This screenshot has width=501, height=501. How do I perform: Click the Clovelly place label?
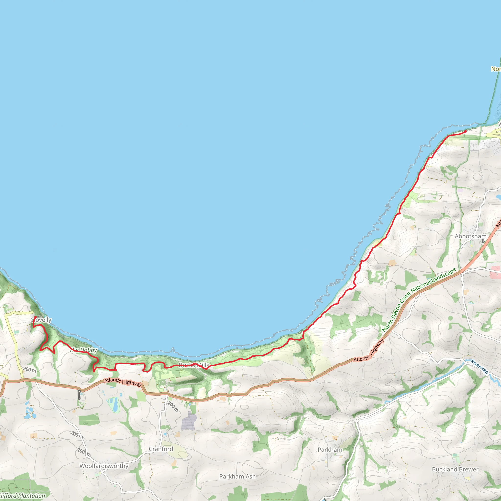point(41,320)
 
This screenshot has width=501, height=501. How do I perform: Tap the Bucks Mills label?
point(194,365)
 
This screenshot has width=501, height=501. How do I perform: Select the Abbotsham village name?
point(470,236)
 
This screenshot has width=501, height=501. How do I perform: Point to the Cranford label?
point(161,449)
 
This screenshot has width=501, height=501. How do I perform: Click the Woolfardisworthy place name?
point(104,466)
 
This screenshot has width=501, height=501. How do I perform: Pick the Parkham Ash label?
point(237,476)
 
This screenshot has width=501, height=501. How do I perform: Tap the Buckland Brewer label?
point(455,469)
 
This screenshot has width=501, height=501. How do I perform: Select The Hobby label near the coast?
point(83,350)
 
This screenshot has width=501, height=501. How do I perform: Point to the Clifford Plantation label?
point(22,496)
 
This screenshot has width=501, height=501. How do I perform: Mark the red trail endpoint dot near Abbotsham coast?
point(466,131)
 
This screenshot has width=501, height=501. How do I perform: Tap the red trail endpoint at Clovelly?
point(35,317)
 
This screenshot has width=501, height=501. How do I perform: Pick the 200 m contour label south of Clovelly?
point(30,370)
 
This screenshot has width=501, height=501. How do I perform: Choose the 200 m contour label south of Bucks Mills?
point(173,407)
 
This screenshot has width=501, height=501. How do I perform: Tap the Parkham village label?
point(330,450)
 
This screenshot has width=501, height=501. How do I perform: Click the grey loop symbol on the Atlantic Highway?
point(79,394)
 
